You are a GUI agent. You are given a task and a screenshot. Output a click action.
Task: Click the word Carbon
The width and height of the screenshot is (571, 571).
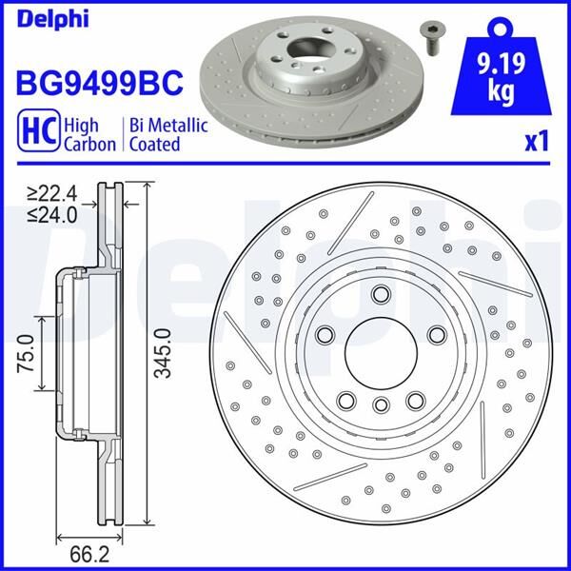pos(89,144)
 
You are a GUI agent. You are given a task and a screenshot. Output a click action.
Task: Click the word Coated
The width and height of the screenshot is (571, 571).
pos(155,144)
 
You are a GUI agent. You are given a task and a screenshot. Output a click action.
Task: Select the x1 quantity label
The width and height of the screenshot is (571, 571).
pos(538,141)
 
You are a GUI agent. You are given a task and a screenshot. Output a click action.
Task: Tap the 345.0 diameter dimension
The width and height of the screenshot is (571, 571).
pos(163,353)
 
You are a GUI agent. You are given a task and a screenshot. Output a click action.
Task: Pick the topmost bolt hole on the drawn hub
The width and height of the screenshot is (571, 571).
pos(381,294)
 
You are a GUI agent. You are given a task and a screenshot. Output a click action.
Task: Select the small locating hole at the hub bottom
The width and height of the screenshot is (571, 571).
pos(381,406)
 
